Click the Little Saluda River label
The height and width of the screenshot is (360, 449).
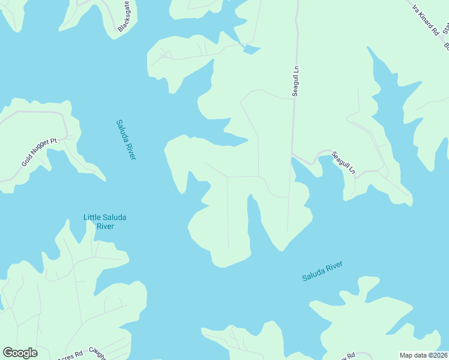pyautogui.click(x=105, y=221)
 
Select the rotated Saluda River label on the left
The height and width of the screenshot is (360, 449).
pyautogui.click(x=126, y=140)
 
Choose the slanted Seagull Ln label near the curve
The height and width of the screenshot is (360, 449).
pyautogui.click(x=343, y=163)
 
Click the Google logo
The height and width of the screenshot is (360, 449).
pyautogui.click(x=20, y=353)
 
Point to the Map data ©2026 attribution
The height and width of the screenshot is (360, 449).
pyautogui.click(x=423, y=355)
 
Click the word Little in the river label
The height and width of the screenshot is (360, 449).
pyautogui.click(x=94, y=217)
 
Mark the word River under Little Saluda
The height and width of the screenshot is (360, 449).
pyautogui.click(x=105, y=226)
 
